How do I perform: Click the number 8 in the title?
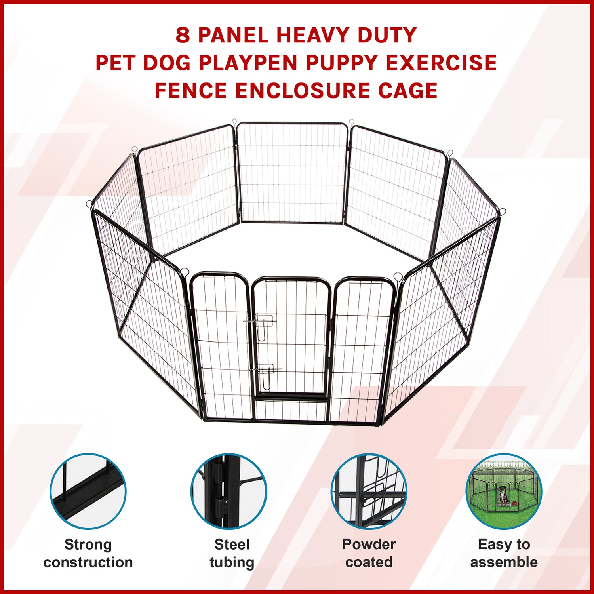point(183,35)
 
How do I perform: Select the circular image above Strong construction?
point(88,491)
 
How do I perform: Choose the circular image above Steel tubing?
point(229,491)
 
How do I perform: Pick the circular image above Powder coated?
point(369,491)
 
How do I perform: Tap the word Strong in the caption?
point(88,545)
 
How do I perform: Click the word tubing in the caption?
point(232,563)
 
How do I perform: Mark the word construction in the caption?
point(88,562)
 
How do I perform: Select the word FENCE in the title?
point(190,90)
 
